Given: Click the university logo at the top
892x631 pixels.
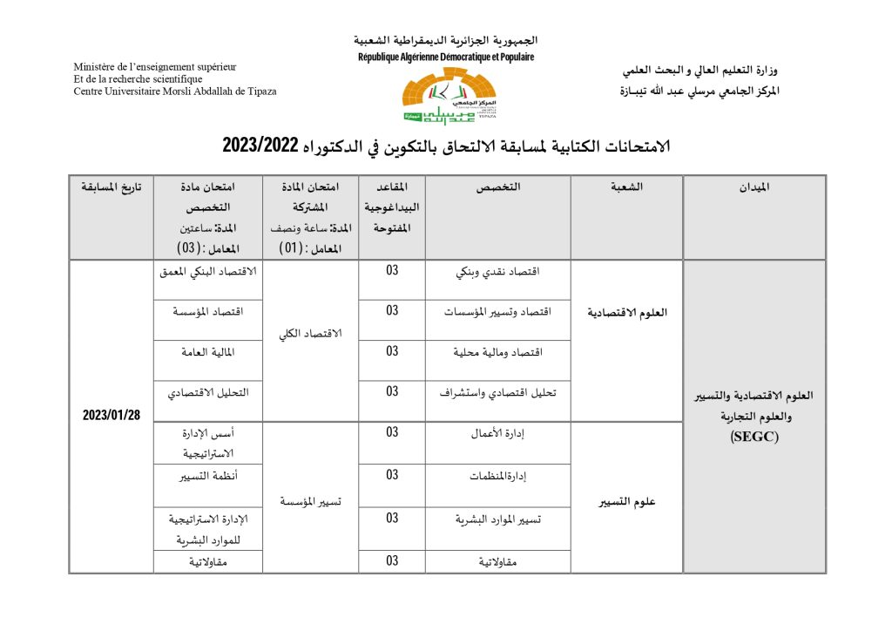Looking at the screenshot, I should click(x=447, y=96).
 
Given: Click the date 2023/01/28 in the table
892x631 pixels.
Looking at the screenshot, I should click(x=111, y=415).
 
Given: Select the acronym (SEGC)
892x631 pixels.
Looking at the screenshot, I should click(x=754, y=438).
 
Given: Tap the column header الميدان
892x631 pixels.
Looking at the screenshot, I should click(x=754, y=187).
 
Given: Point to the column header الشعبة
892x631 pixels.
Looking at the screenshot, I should click(x=626, y=187).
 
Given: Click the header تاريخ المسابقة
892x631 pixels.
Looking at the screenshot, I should click(x=111, y=187).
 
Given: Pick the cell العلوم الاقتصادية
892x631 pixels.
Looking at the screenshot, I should click(x=626, y=312).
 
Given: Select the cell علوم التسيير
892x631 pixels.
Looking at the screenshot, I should click(x=626, y=502).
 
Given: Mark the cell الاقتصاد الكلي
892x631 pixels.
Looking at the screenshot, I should click(x=311, y=334).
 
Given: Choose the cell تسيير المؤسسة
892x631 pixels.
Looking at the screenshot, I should click(x=311, y=502).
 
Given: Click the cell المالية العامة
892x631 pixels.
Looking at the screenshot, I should click(x=209, y=352).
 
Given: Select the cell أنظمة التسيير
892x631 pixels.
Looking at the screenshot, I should click(x=209, y=477).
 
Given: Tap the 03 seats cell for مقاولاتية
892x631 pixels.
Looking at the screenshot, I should click(x=392, y=561).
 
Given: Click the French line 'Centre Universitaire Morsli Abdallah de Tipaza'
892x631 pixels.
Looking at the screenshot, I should click(x=175, y=92).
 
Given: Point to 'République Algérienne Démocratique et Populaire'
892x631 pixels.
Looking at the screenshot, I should click(x=446, y=58).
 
